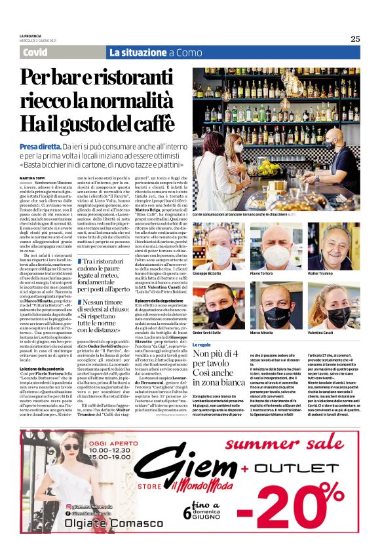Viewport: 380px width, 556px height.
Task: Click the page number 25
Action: pyautogui.click(x=354, y=39)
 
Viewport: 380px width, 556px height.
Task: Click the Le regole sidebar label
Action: pyautogui.click(x=202, y=344)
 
